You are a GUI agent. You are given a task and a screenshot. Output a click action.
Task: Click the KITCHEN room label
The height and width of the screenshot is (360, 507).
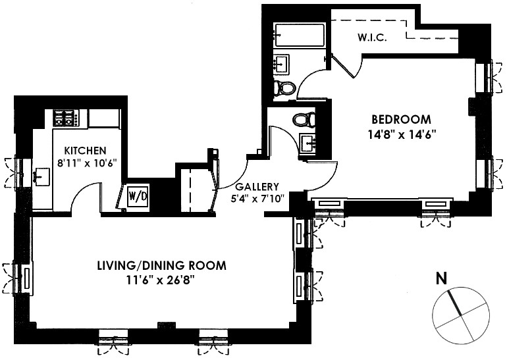pyautogui.click(x=82, y=151)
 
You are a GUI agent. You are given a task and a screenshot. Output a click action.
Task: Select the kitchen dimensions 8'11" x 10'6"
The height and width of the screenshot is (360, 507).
pyautogui.click(x=82, y=164)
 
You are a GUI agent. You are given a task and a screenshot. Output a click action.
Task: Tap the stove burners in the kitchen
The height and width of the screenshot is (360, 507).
pyautogui.click(x=66, y=118)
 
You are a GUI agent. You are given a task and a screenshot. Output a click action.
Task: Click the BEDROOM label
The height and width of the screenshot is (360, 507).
pyautogui.click(x=401, y=120)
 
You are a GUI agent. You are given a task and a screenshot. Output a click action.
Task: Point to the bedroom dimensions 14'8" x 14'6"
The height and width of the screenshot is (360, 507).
pyautogui.click(x=401, y=134)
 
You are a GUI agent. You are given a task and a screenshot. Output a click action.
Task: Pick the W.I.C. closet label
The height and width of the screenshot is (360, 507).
pyautogui.click(x=373, y=38)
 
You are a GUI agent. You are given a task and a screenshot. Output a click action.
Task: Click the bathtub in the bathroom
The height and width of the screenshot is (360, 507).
pyautogui.click(x=300, y=33)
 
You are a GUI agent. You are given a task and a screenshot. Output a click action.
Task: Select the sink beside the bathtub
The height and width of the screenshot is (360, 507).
pyautogui.click(x=282, y=64)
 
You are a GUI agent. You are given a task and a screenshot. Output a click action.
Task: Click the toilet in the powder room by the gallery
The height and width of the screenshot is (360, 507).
pyautogui.click(x=304, y=120)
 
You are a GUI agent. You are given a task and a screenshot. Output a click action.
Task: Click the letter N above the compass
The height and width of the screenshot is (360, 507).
pyautogui.click(x=441, y=278)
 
